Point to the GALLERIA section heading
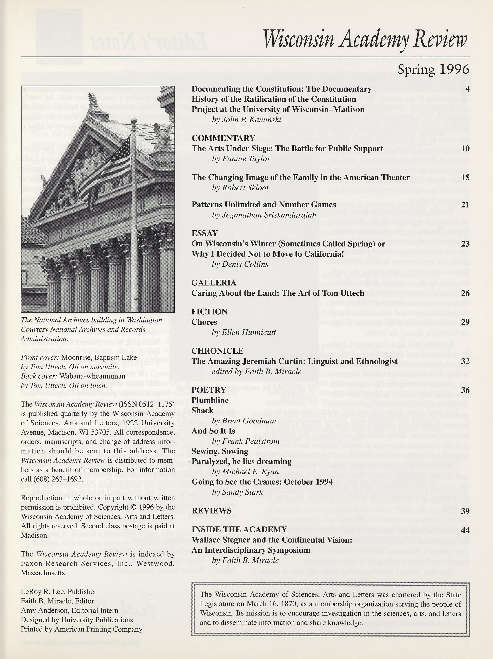click(x=214, y=283)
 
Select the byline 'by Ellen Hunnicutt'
click(x=244, y=332)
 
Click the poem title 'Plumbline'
click(x=210, y=400)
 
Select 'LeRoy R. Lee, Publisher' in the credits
click(x=59, y=591)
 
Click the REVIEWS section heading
click(x=212, y=511)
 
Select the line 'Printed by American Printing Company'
click(x=81, y=629)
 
